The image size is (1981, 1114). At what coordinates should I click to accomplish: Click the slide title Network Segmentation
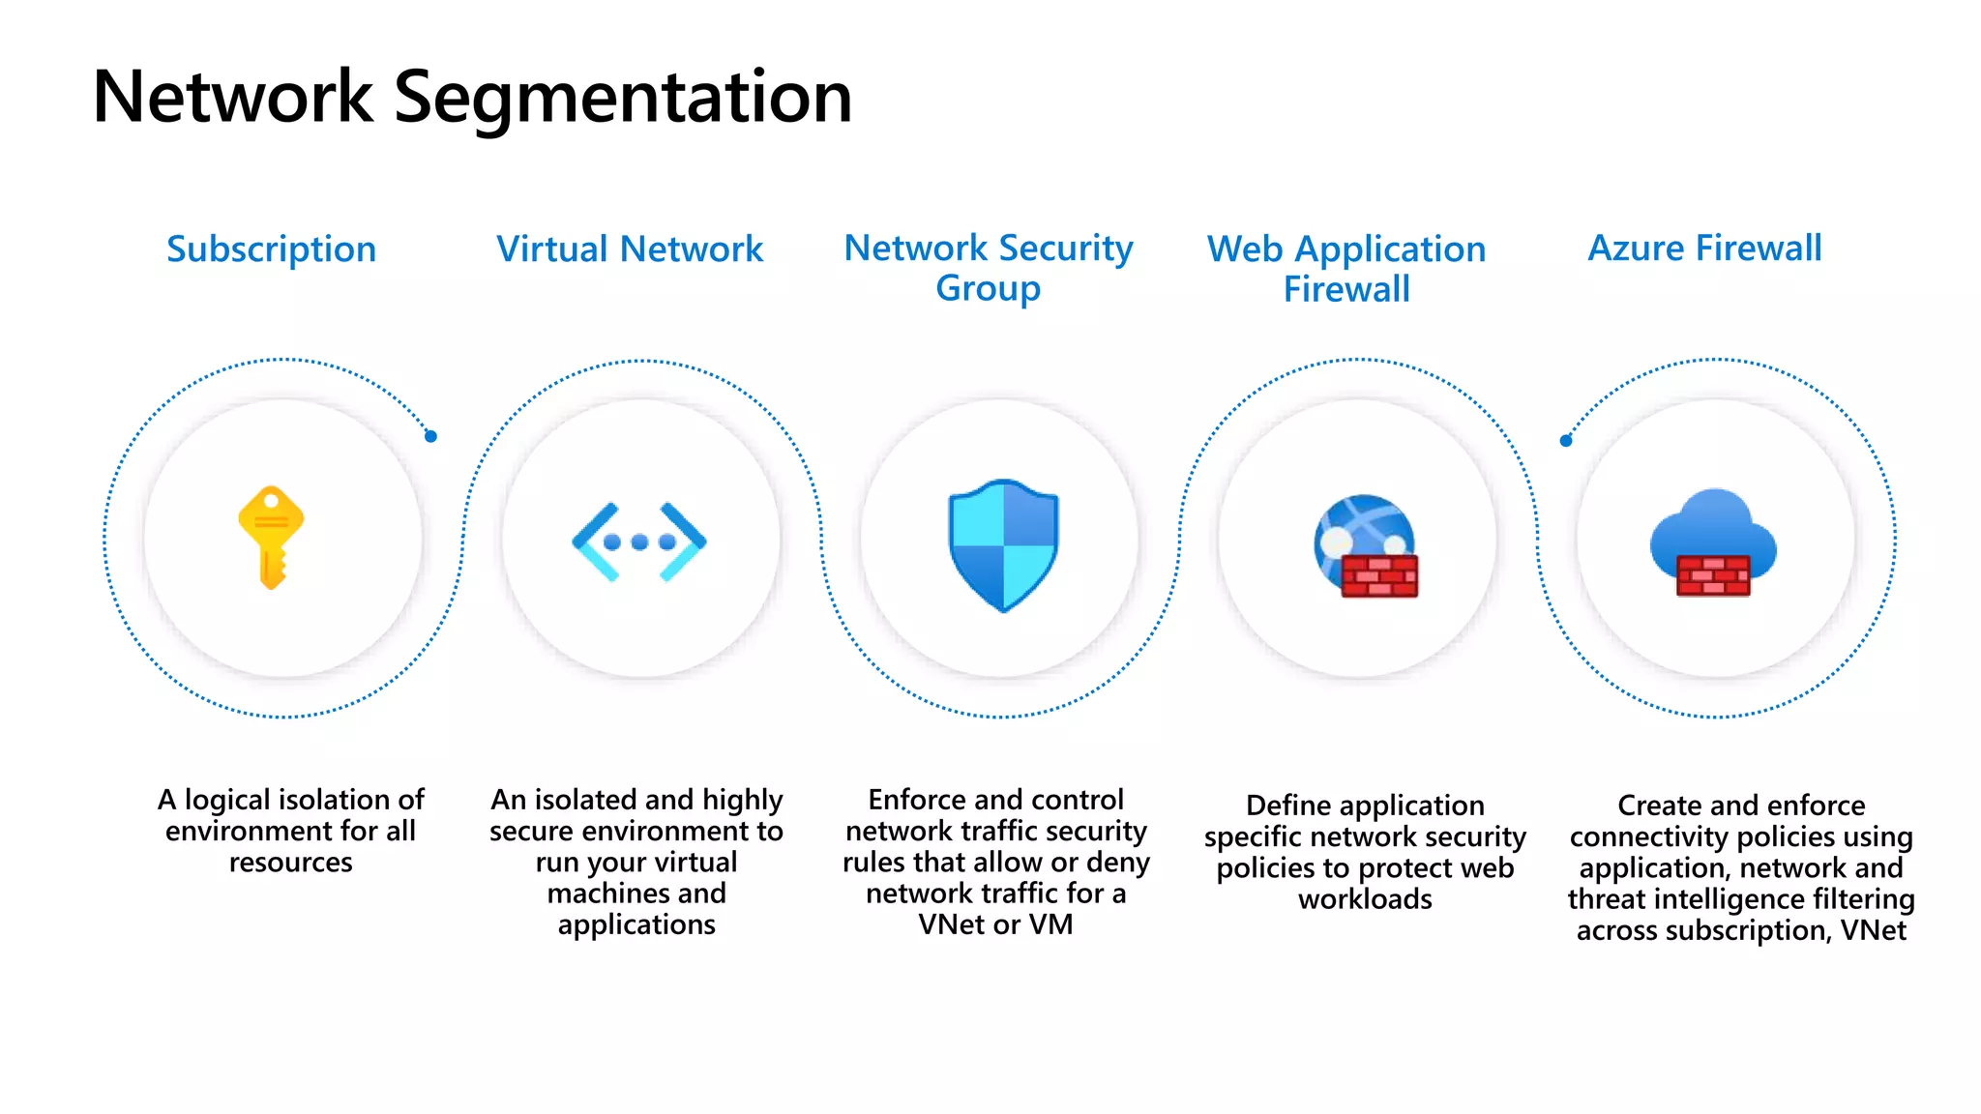click(x=472, y=98)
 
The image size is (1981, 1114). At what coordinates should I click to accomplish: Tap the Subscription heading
click(x=271, y=249)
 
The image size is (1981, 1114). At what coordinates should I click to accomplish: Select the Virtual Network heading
click(x=630, y=249)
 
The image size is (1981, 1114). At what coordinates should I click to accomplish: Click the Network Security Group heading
click(x=988, y=268)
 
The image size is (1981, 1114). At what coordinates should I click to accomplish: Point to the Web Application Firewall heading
click(x=1345, y=269)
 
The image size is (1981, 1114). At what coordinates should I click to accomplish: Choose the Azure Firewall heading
click(x=1704, y=249)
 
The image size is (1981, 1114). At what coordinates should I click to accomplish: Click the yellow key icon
click(x=272, y=537)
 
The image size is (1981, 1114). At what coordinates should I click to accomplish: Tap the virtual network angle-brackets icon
click(x=639, y=542)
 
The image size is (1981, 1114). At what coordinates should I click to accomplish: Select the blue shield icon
click(x=1003, y=544)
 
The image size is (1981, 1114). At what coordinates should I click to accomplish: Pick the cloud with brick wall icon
click(x=1713, y=542)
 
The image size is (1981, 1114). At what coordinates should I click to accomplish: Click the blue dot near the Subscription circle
click(x=431, y=436)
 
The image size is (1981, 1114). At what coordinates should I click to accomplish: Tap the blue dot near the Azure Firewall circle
click(x=1566, y=441)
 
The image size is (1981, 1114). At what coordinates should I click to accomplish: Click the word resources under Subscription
click(x=290, y=862)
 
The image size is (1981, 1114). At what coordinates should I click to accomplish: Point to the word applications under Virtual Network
click(x=636, y=924)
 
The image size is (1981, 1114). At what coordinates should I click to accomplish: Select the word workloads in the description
click(x=1365, y=899)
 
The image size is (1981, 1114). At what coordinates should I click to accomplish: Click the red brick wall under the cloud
click(x=1713, y=575)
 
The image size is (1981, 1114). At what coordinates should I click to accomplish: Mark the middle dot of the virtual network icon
click(x=639, y=542)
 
